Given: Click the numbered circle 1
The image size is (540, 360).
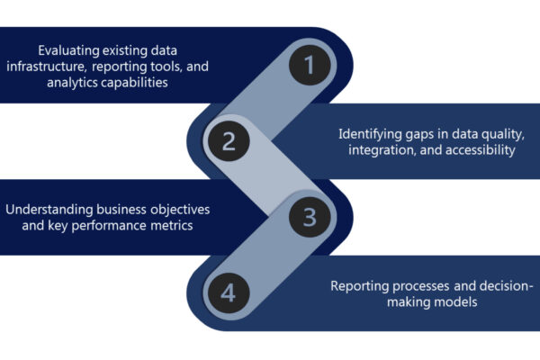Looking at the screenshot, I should (x=310, y=65).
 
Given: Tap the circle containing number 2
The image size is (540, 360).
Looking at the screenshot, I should (x=229, y=140).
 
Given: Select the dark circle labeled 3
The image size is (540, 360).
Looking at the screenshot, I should (x=310, y=217).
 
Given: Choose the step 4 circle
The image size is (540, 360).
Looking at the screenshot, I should (x=229, y=292).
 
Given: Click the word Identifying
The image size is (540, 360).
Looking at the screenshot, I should (x=371, y=133).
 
